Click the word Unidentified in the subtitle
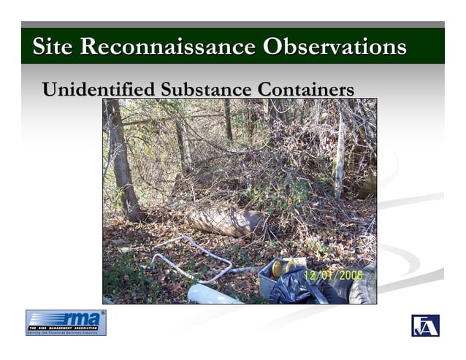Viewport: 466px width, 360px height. coord(98,90)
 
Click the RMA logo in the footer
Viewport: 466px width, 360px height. coord(66,322)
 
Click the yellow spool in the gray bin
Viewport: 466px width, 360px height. coord(279,269)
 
